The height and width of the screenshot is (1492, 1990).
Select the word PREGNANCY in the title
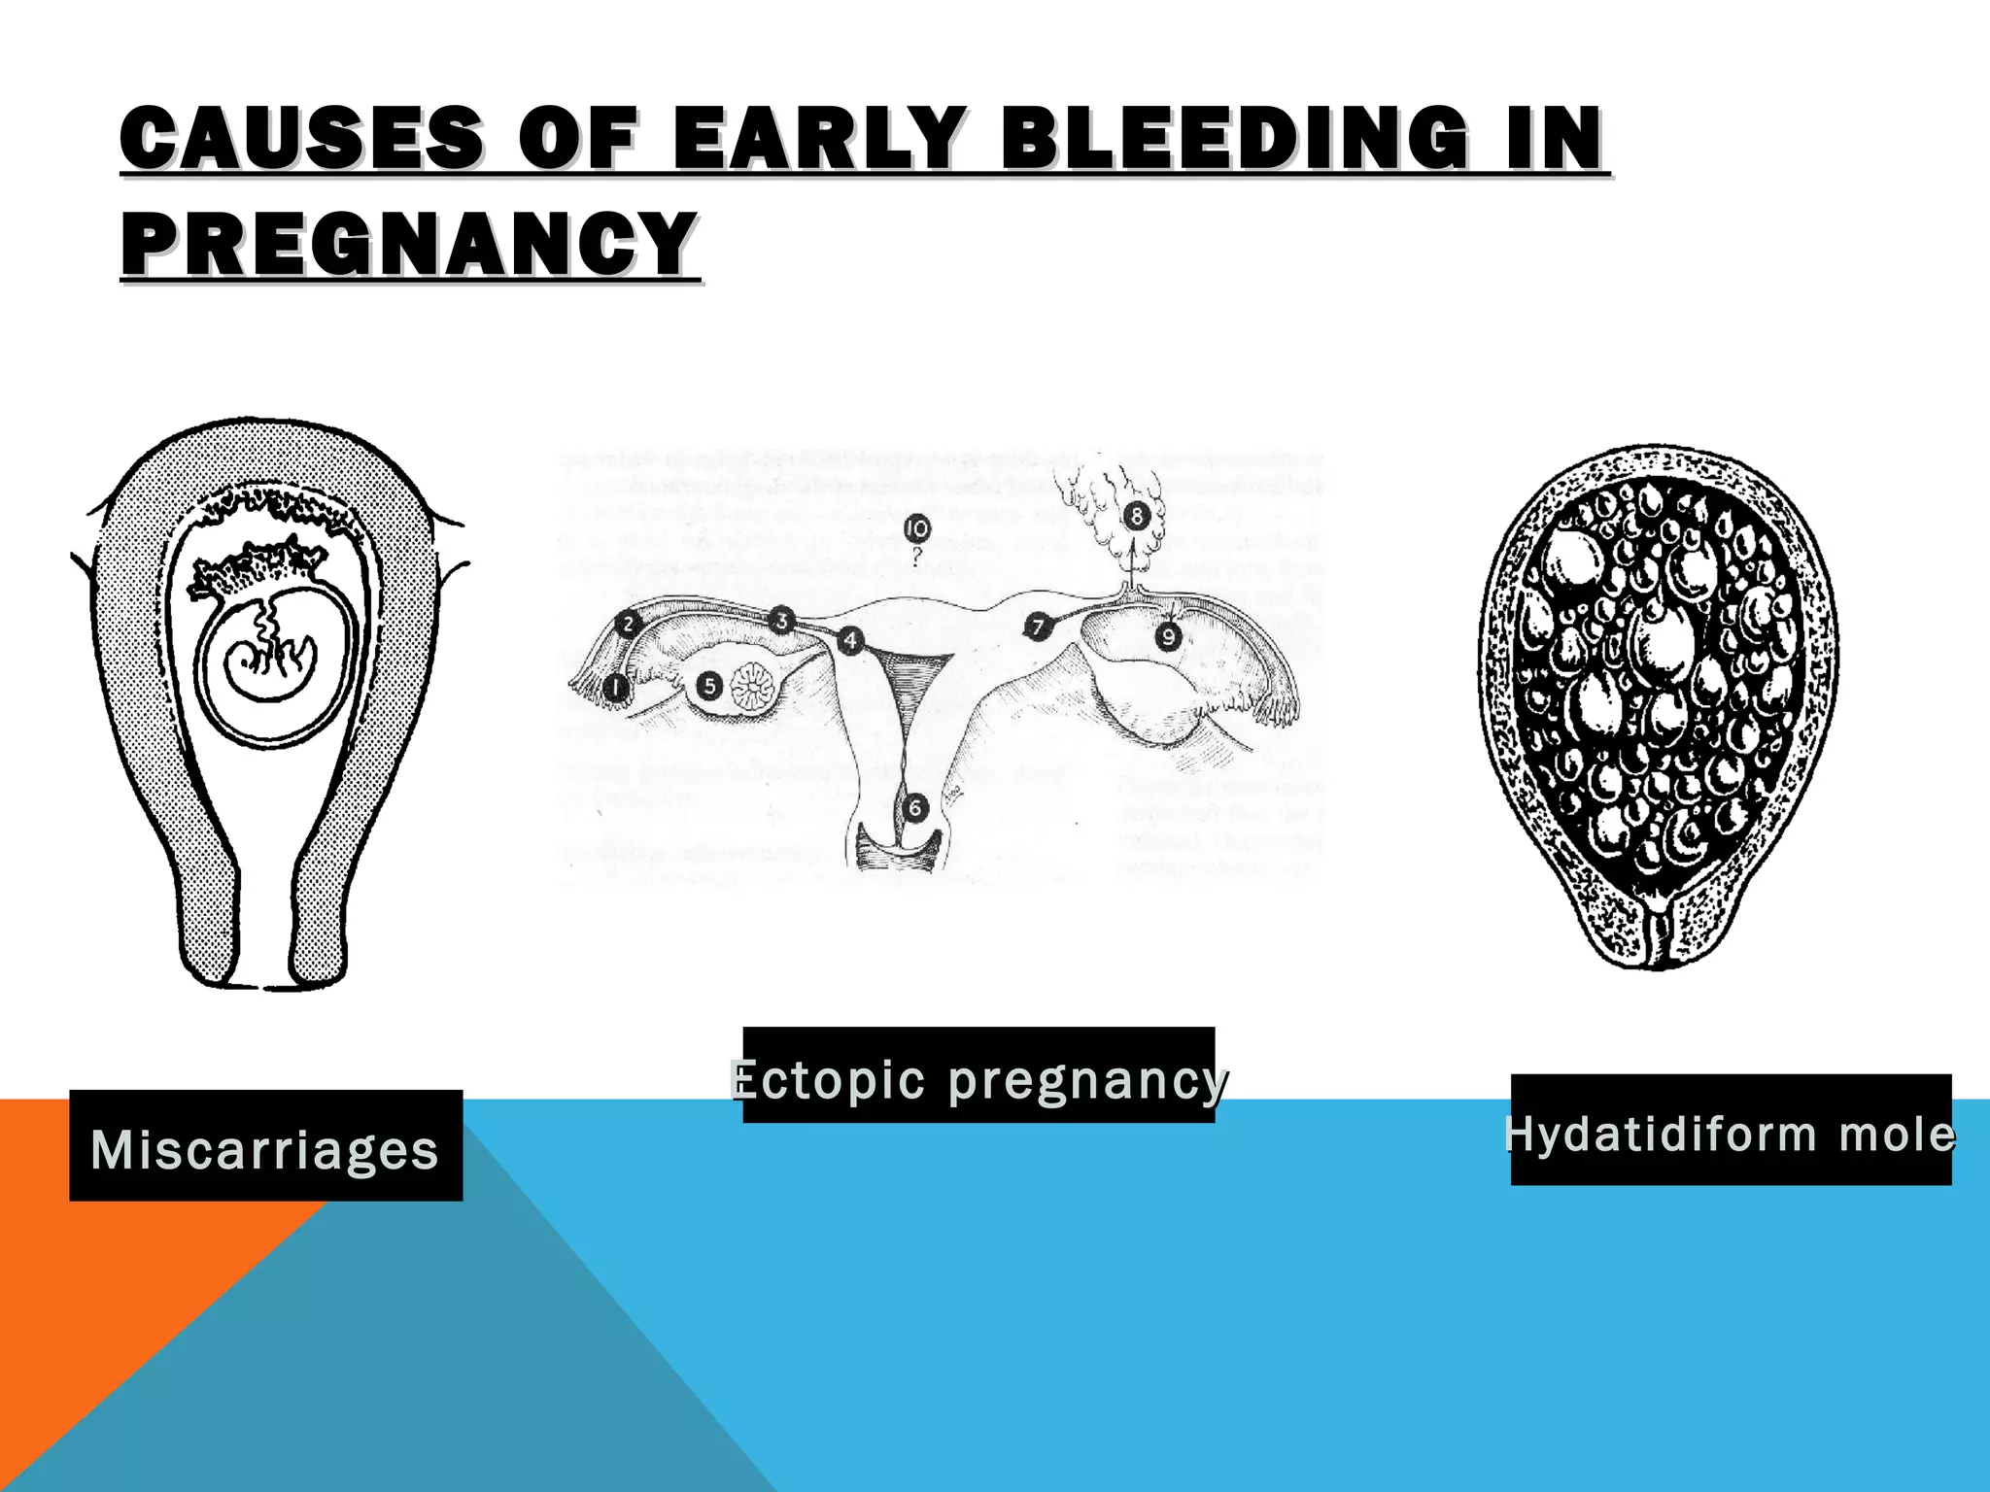(408, 244)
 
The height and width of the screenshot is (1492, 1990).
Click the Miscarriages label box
(265, 1146)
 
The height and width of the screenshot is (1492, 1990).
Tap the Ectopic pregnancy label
(978, 1075)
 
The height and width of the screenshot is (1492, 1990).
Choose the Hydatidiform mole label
(1731, 1131)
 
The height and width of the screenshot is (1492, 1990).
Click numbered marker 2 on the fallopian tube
(629, 625)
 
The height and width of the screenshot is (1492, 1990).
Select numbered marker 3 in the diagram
(781, 620)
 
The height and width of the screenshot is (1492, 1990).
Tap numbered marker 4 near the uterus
(850, 641)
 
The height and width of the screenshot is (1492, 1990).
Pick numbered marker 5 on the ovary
(709, 687)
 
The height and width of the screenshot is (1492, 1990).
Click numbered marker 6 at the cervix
(913, 807)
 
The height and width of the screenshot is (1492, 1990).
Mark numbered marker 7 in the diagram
(1038, 627)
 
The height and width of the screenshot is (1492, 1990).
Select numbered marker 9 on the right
(1167, 636)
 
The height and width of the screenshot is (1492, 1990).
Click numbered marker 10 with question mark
(916, 529)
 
